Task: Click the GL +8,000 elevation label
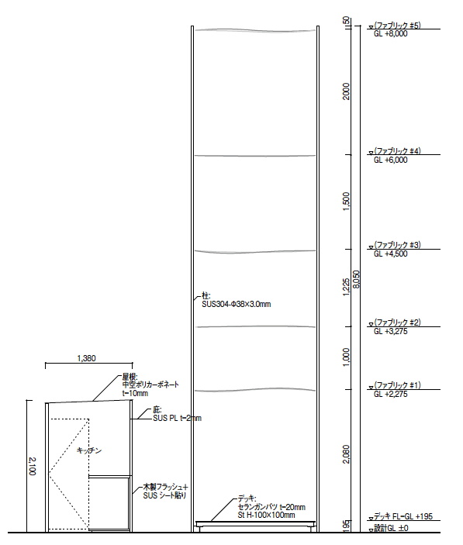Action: tap(390, 34)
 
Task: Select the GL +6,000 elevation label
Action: tap(390, 160)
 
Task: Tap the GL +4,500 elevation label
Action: tap(390, 254)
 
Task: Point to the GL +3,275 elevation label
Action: tap(390, 332)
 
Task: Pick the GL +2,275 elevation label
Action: tap(390, 395)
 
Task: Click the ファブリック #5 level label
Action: tap(397, 26)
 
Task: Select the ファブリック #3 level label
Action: tap(397, 245)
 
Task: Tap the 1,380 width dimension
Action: tap(86, 358)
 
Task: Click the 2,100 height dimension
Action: tap(32, 466)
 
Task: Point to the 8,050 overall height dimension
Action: tap(356, 279)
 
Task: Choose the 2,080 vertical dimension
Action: tap(346, 454)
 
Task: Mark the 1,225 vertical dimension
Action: tap(346, 287)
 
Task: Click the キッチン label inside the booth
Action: tap(89, 450)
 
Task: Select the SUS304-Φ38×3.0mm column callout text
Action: tap(237, 305)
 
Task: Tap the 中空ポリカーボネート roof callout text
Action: tap(150, 385)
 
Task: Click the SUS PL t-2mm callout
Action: tap(178, 419)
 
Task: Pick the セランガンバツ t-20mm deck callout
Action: tap(271, 507)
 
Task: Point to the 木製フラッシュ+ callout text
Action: tap(165, 487)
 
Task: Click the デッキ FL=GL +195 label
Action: tap(403, 516)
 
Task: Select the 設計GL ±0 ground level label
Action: tap(391, 528)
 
